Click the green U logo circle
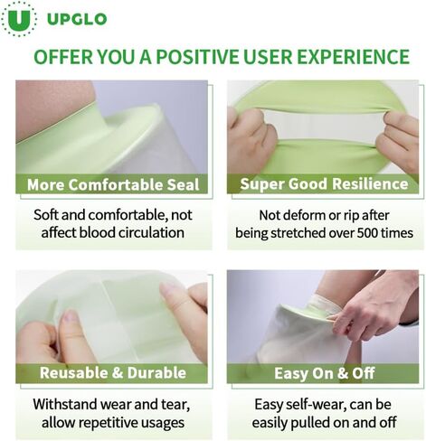[x=19, y=19]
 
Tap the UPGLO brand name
[x=77, y=19]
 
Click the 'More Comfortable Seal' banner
[x=112, y=183]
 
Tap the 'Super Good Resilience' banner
[x=323, y=183]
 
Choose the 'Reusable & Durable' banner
[x=112, y=373]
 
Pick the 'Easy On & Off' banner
[x=323, y=373]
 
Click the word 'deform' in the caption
[x=302, y=215]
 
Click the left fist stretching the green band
[x=251, y=139]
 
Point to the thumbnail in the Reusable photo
[x=71, y=317]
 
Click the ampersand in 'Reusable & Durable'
[x=118, y=373]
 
